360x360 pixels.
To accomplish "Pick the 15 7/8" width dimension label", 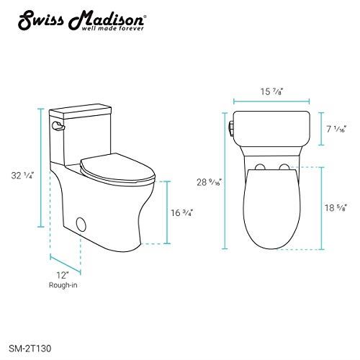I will pos(271,91).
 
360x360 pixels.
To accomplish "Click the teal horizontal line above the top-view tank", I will pos(271,102).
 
